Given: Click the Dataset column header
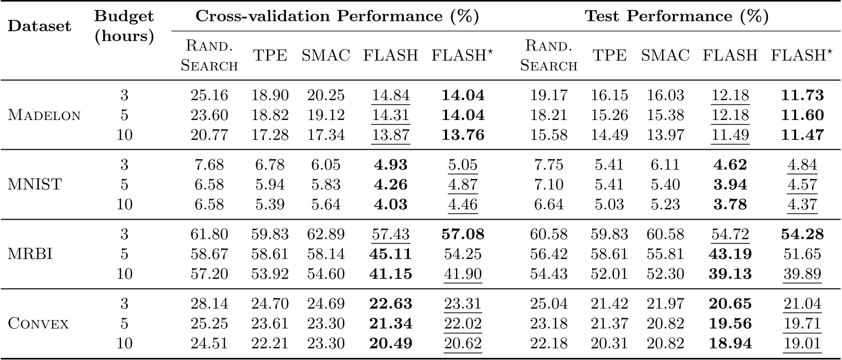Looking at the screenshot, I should click(x=39, y=26).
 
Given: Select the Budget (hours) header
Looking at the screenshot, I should click(x=124, y=26).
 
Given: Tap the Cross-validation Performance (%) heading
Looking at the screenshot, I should click(x=337, y=16).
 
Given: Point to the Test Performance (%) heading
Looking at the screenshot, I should click(x=677, y=16).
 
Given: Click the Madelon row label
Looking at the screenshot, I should click(x=44, y=115).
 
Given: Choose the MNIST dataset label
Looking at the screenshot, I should click(x=35, y=185).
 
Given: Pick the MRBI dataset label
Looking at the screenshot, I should click(x=30, y=254).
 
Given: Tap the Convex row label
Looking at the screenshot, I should click(x=39, y=323).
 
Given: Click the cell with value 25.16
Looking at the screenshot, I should click(x=209, y=95).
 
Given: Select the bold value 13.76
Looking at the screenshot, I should click(x=463, y=135).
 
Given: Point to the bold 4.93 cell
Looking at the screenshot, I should click(x=390, y=165).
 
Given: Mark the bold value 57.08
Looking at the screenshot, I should click(x=463, y=234).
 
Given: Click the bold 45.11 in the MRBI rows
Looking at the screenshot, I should click(x=390, y=254).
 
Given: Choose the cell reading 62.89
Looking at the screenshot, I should click(x=326, y=234).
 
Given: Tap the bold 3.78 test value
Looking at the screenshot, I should click(x=729, y=205).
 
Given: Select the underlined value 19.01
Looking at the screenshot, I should click(x=802, y=343).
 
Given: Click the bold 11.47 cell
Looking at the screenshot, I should click(x=802, y=135).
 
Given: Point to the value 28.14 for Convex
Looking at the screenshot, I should click(x=209, y=304).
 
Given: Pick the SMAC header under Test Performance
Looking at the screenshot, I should click(x=665, y=55).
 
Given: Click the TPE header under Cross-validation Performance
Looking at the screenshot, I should click(x=270, y=55).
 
